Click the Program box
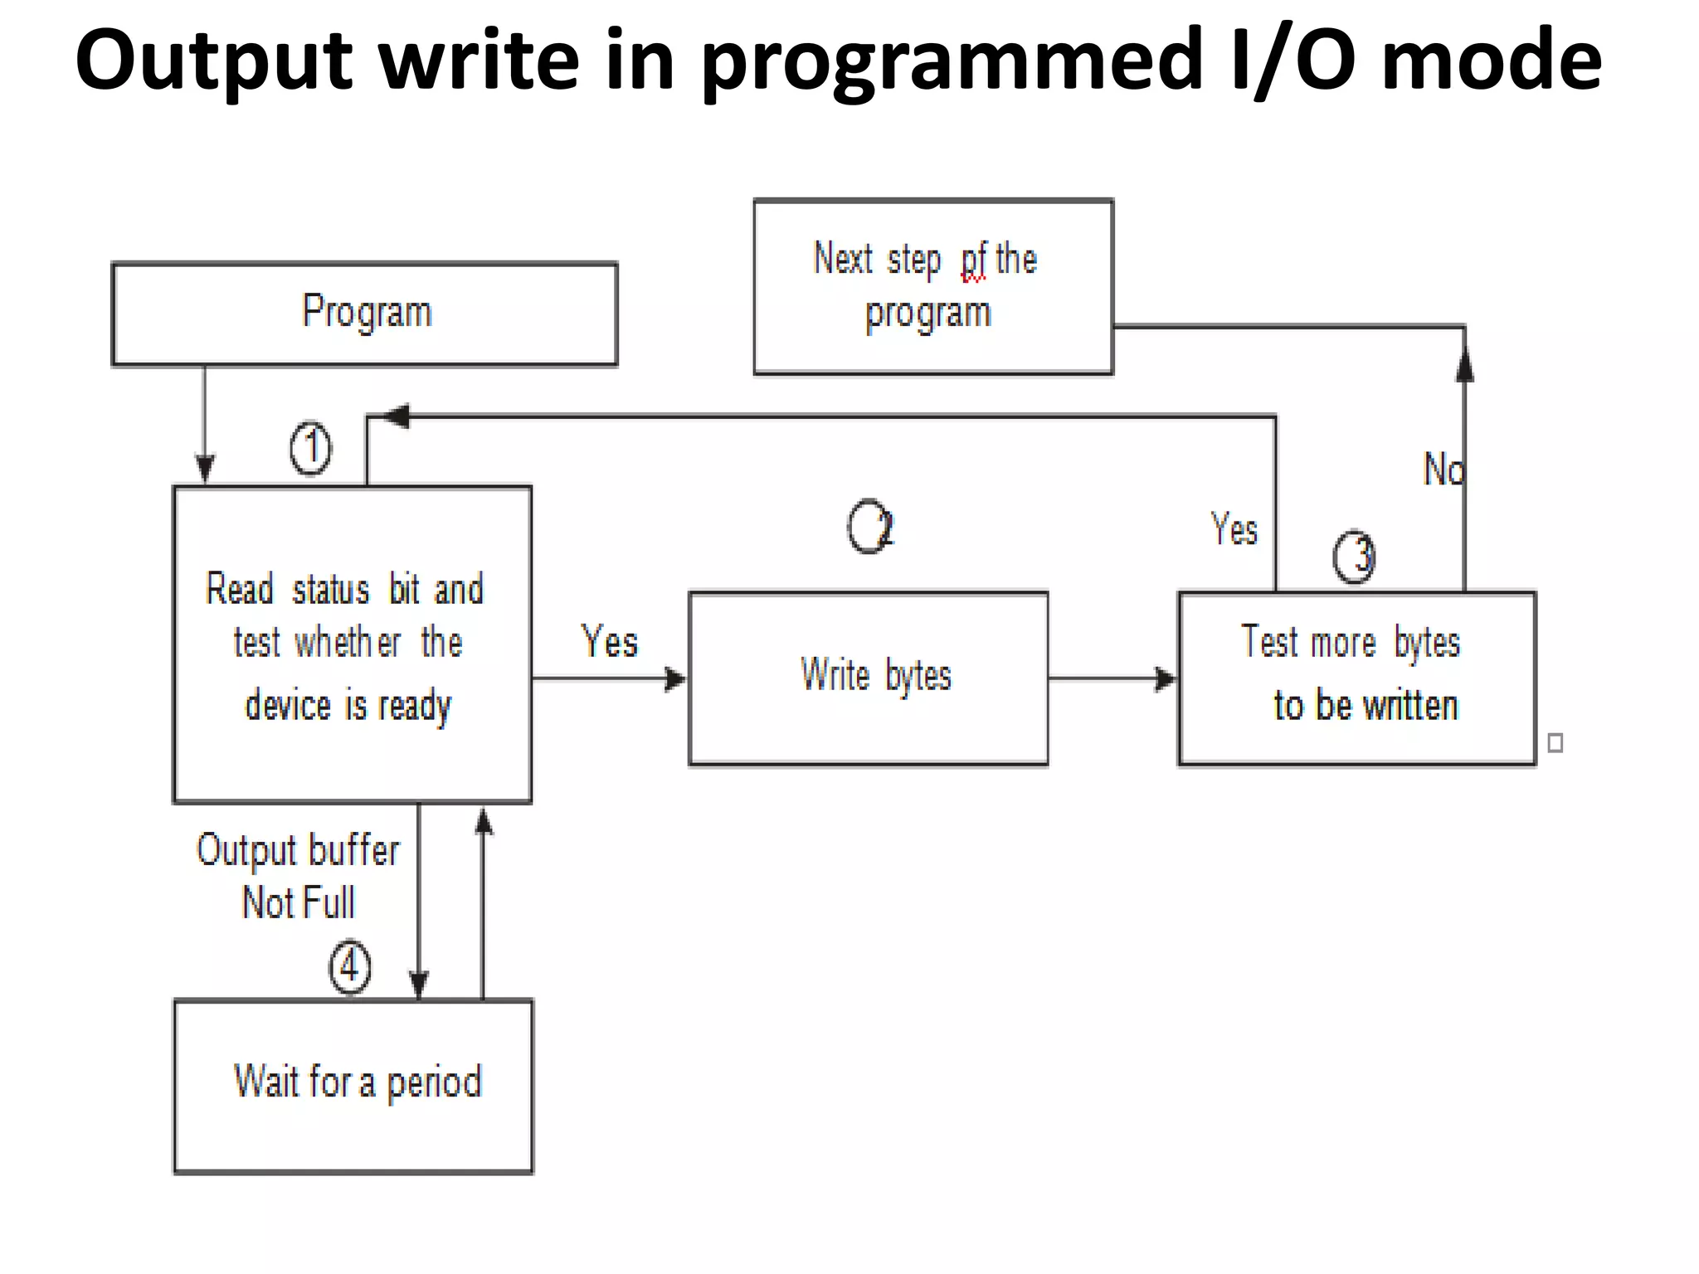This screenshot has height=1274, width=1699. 365,314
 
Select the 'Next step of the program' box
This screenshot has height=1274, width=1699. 932,286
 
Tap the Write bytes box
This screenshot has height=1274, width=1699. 868,678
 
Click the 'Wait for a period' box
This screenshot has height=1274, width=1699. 353,1086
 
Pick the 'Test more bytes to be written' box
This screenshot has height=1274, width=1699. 1356,678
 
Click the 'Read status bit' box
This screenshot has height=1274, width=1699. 352,644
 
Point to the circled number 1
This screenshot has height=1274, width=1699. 311,449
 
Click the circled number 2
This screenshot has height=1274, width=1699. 869,527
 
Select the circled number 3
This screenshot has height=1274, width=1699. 1354,556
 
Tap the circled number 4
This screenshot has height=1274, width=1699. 349,967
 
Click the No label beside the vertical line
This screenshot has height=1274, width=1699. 1443,469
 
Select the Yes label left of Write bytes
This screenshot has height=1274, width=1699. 610,642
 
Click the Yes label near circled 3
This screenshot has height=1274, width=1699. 1234,529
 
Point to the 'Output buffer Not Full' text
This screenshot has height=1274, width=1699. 298,876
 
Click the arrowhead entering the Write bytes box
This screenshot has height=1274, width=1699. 676,679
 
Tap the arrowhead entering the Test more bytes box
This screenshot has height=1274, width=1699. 1166,679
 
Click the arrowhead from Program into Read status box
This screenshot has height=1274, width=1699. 205,469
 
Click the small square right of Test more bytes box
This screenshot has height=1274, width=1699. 1555,742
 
